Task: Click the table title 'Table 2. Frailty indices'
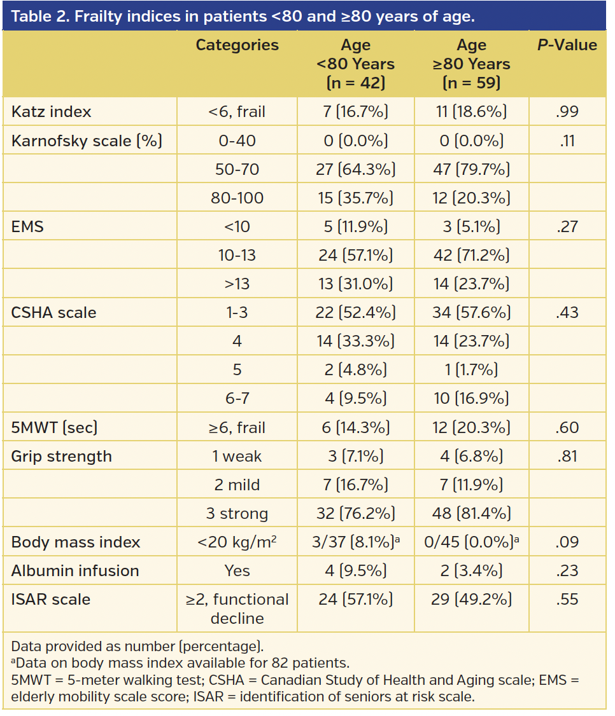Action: tap(243, 16)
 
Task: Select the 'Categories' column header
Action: tap(237, 45)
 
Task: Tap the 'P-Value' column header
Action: tap(567, 45)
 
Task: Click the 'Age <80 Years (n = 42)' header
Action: tap(355, 64)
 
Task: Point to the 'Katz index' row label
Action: tap(52, 112)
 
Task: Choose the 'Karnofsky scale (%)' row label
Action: tap(87, 141)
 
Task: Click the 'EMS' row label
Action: tap(27, 226)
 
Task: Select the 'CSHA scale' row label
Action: tap(54, 312)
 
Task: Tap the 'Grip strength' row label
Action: tap(62, 456)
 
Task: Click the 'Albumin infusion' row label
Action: tap(75, 570)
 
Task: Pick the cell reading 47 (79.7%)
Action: tap(471, 169)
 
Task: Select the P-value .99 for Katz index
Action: tap(567, 112)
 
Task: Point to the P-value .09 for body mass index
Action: tap(567, 542)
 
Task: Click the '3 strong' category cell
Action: tap(237, 513)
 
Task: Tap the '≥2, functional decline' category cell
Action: tap(237, 609)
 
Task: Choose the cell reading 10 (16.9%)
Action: tap(471, 398)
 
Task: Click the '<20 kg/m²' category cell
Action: tap(237, 542)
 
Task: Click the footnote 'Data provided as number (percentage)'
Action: tap(137, 647)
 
